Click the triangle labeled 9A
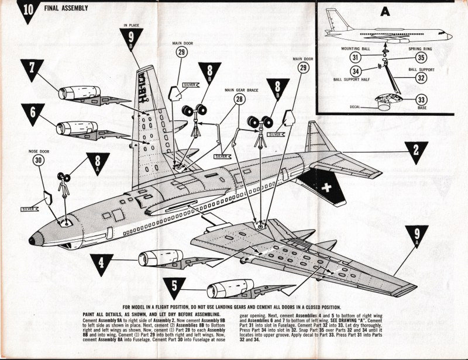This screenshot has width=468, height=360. (417, 237)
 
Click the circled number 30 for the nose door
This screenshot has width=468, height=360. (37, 161)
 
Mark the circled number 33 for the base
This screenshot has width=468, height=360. (421, 99)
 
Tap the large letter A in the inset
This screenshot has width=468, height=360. (384, 11)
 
